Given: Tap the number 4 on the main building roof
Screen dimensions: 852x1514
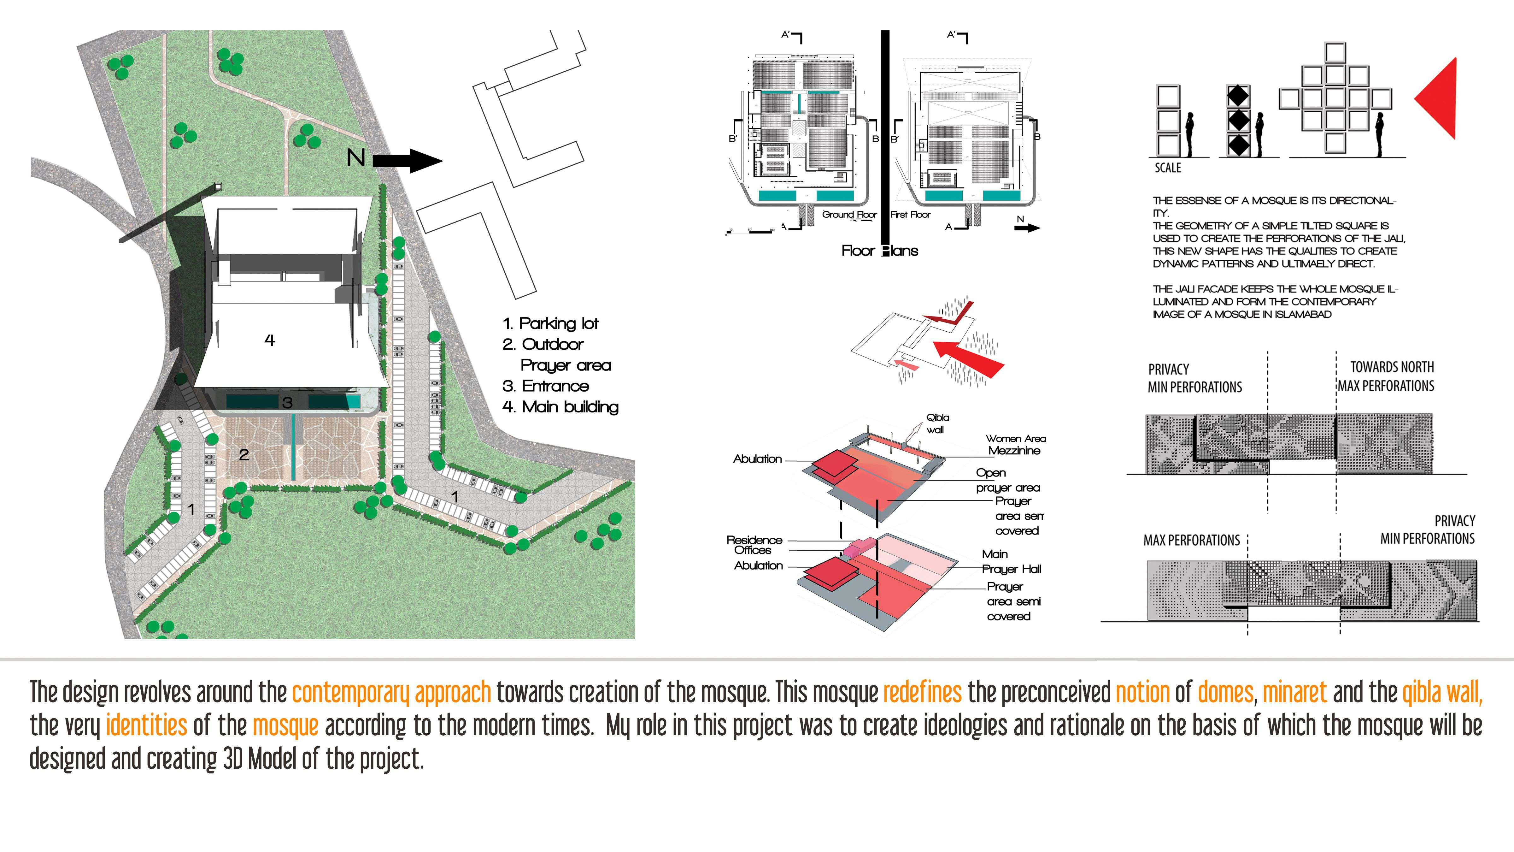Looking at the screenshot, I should [270, 340].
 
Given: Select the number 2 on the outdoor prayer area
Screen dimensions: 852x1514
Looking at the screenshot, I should [244, 454].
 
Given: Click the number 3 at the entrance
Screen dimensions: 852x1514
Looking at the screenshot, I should [287, 403].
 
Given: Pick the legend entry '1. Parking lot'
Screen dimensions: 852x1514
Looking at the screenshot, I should [551, 323].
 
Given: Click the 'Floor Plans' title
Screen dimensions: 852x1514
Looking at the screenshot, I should [879, 251].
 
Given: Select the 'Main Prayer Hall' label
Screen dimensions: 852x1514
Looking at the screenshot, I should [1011, 562].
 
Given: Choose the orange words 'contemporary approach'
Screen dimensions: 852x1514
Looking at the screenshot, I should [391, 693].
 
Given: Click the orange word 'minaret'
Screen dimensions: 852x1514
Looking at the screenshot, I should [1295, 693].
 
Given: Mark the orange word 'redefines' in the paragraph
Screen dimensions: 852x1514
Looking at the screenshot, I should [922, 693].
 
